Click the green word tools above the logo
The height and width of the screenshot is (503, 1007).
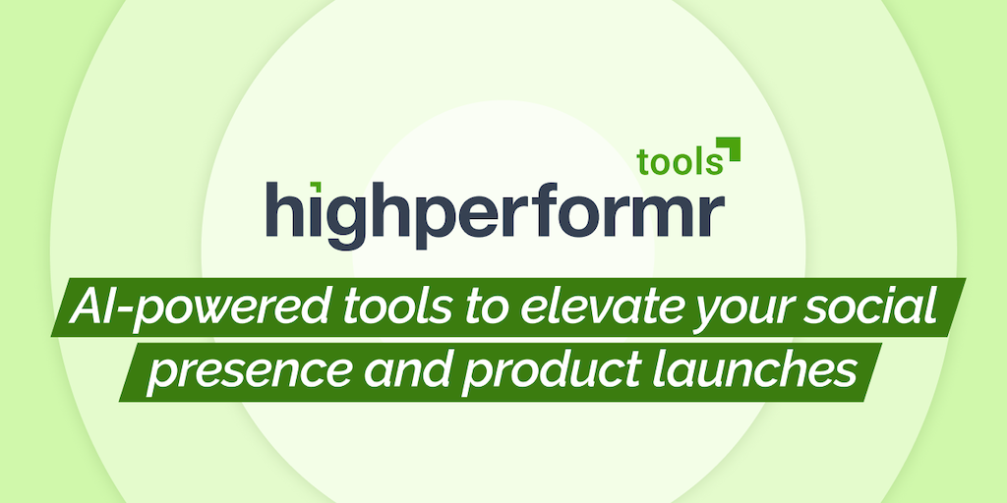coord(681,162)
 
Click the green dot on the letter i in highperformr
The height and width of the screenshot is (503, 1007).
coord(316,186)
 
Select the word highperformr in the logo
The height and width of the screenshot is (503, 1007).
coord(496,214)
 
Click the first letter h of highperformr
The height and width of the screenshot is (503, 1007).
coord(284,208)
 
